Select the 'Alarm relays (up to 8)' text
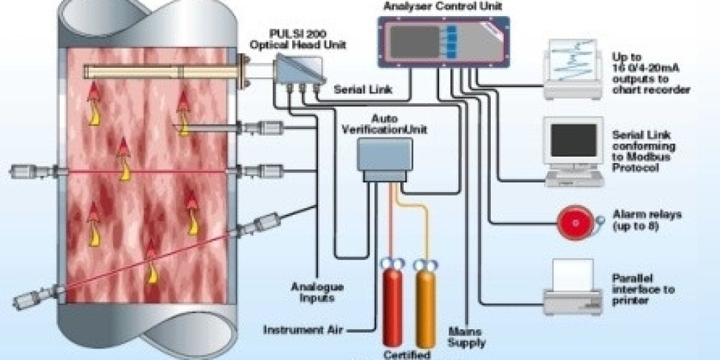click(x=647, y=220)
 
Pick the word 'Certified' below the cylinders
click(x=408, y=353)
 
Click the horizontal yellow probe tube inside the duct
click(x=162, y=73)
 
